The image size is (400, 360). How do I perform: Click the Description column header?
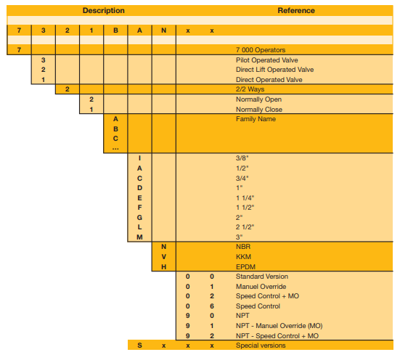click(x=104, y=10)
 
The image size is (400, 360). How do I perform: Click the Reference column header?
click(x=296, y=10)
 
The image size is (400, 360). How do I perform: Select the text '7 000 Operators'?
click(x=261, y=50)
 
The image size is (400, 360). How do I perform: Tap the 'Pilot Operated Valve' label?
click(x=267, y=60)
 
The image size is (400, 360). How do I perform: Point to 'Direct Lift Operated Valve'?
click(x=274, y=70)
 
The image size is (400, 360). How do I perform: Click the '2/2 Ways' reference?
click(x=250, y=89)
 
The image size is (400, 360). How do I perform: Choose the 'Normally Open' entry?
click(x=258, y=99)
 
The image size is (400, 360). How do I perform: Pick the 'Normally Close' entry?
click(x=259, y=110)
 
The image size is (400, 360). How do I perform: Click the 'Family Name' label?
click(x=256, y=119)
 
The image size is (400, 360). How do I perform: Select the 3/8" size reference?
click(x=242, y=158)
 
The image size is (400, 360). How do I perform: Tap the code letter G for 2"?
click(x=139, y=218)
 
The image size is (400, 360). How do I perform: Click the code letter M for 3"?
click(x=139, y=237)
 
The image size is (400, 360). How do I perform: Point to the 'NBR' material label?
click(x=243, y=247)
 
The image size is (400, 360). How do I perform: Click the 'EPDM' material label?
click(x=245, y=267)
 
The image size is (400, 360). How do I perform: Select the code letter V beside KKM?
click(x=164, y=257)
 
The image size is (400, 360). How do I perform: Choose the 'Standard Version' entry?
click(x=262, y=277)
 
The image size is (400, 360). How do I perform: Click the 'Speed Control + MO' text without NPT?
click(x=267, y=296)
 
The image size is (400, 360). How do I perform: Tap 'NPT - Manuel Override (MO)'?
click(x=279, y=326)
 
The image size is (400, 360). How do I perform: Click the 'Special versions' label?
click(x=261, y=345)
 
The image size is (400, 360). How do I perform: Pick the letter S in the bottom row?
click(x=139, y=345)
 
